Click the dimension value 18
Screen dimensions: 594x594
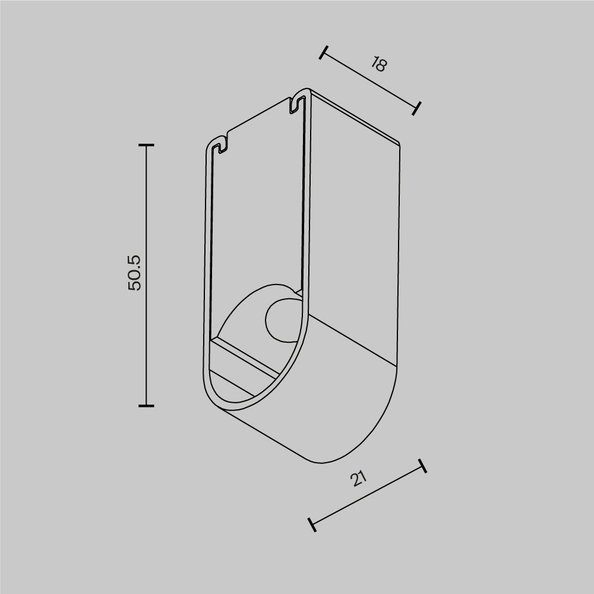click(x=377, y=64)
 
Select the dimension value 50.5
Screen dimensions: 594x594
click(x=135, y=273)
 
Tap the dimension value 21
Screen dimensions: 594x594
click(x=359, y=478)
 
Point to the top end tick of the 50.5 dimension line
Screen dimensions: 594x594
click(x=146, y=145)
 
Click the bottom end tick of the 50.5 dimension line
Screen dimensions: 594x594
click(x=146, y=406)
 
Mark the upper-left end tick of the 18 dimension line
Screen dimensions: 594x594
click(x=323, y=53)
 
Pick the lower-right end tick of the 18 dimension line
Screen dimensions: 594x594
click(x=417, y=108)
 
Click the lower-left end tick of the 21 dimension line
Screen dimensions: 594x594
click(x=311, y=524)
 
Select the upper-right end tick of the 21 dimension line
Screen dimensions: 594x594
click(x=422, y=466)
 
